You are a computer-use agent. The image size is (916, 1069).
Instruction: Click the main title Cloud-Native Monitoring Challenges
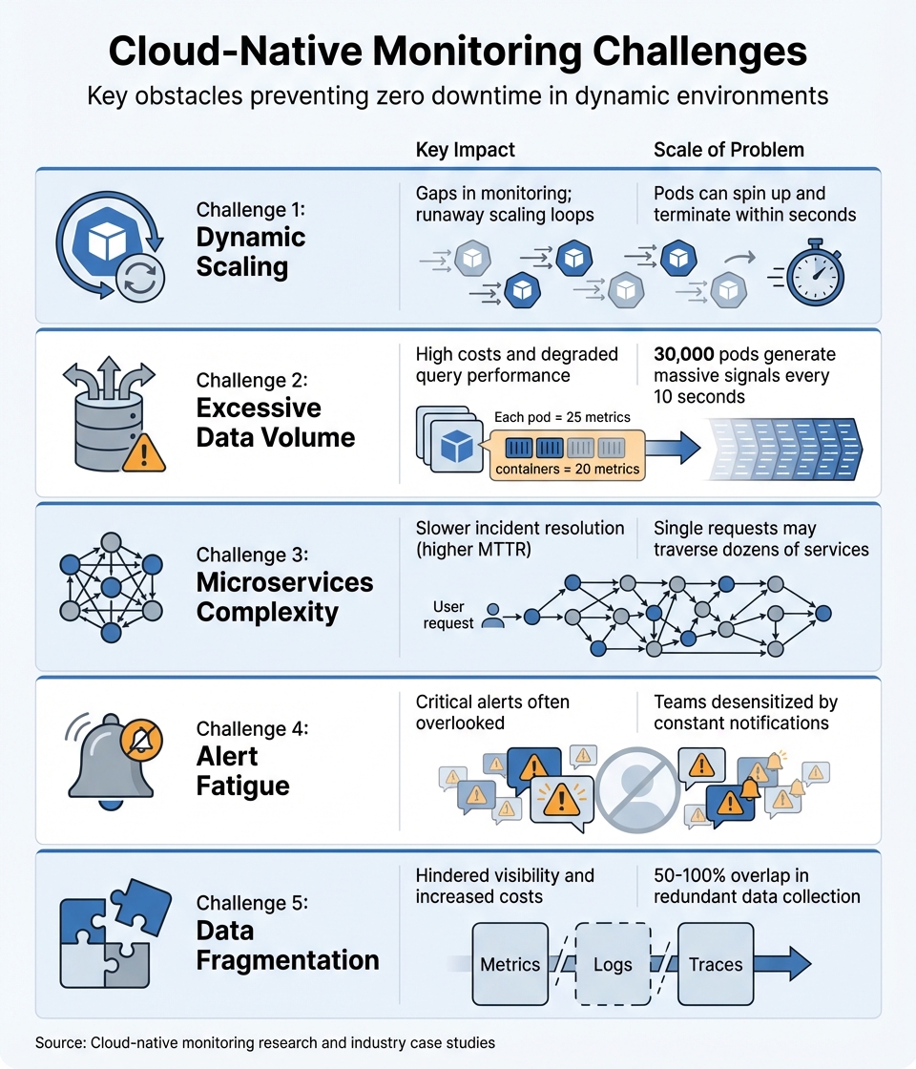pyautogui.click(x=457, y=52)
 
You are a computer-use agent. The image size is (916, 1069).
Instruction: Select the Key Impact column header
pyautogui.click(x=466, y=150)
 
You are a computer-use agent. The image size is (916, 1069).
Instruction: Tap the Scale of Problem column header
pyautogui.click(x=729, y=150)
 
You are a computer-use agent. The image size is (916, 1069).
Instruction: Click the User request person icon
pyautogui.click(x=492, y=616)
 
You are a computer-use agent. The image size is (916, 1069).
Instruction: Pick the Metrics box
pyautogui.click(x=510, y=964)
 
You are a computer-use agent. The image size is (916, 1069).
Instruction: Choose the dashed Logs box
pyautogui.click(x=613, y=964)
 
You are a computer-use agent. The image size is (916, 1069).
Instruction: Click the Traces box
pyautogui.click(x=716, y=964)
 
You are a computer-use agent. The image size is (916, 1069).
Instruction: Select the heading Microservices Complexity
pyautogui.click(x=284, y=597)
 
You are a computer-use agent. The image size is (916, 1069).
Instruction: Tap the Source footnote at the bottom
pyautogui.click(x=265, y=1042)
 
